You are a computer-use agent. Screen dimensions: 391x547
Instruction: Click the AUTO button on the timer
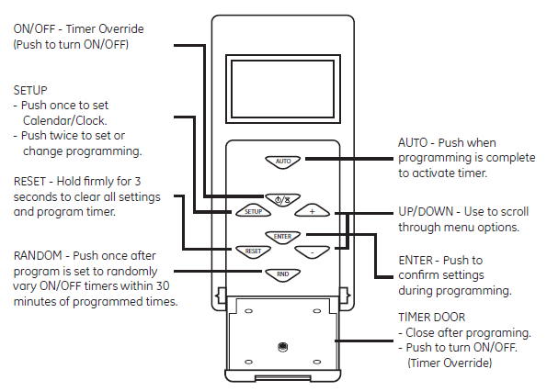point(284,161)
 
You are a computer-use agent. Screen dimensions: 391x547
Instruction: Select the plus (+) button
point(312,210)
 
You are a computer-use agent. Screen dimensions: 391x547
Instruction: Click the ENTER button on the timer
point(283,236)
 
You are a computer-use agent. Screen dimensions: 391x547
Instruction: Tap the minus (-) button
point(312,250)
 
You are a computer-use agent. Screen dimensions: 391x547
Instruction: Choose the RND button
point(283,273)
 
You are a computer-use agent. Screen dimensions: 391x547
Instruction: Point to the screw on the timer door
point(283,346)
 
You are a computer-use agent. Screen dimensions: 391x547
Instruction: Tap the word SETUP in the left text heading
point(29,90)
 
